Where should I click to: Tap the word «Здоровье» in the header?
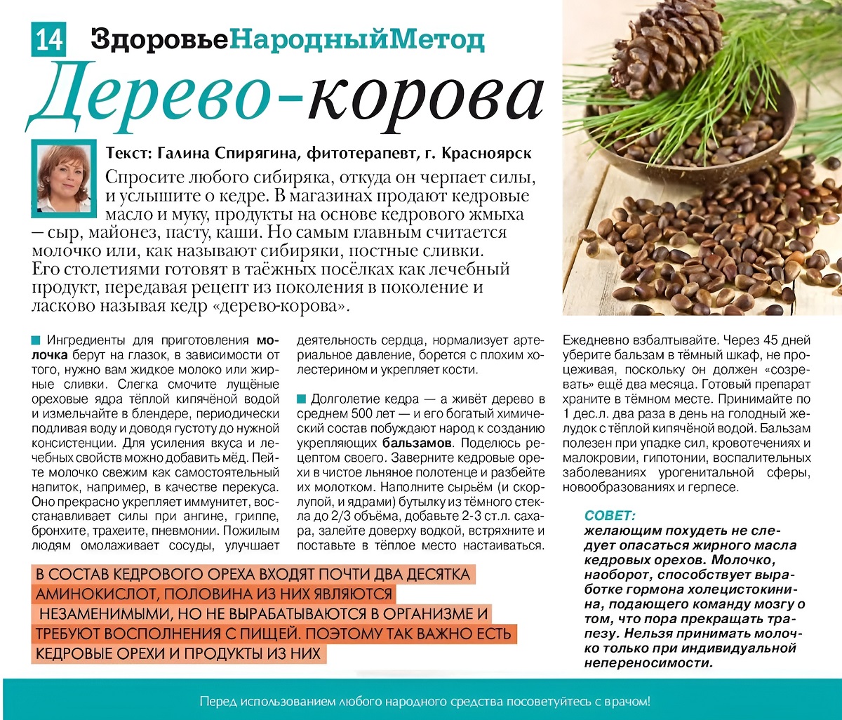tap(159, 39)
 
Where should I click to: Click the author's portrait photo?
tap(64, 178)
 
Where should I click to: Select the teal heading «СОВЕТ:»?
tap(610, 515)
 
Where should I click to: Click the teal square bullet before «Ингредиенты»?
tap(36, 340)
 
